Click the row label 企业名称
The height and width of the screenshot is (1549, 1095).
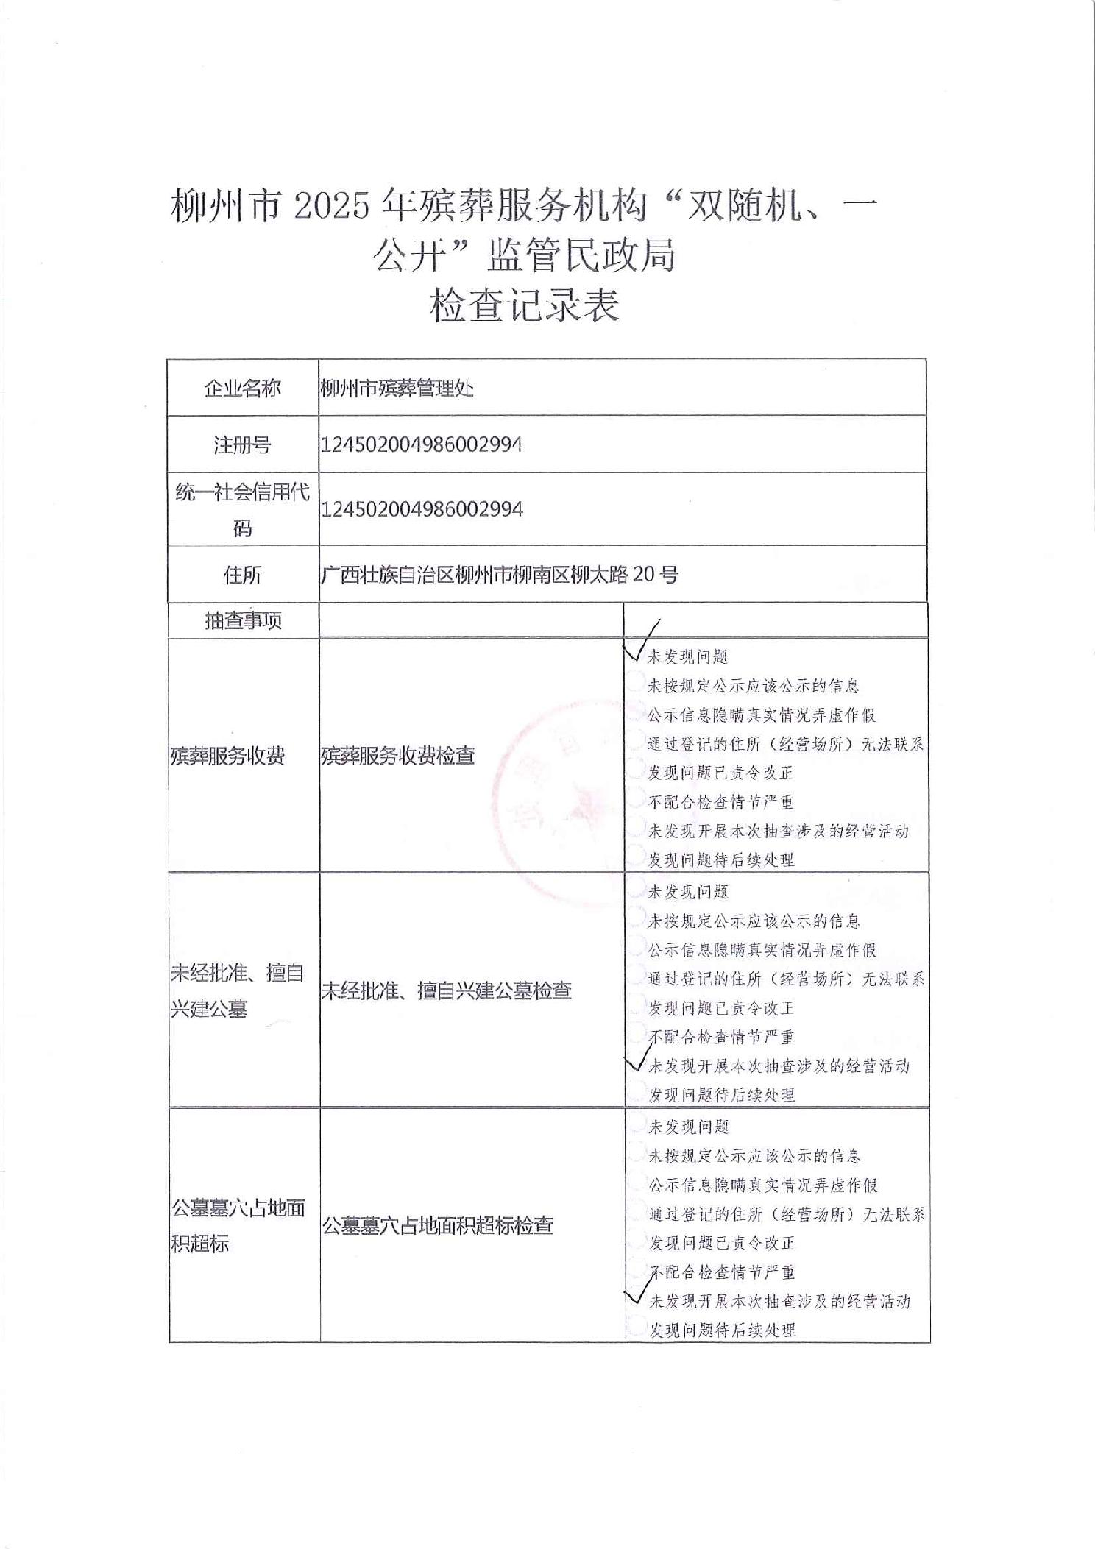(x=242, y=389)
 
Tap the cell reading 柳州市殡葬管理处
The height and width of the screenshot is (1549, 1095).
(x=397, y=389)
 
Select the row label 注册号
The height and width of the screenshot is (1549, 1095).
(x=242, y=445)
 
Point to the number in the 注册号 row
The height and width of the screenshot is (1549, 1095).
(x=422, y=444)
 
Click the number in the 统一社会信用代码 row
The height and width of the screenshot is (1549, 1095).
(x=422, y=509)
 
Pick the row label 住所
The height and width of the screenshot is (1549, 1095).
(x=242, y=575)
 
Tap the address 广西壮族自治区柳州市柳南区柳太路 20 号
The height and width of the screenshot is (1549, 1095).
(x=499, y=575)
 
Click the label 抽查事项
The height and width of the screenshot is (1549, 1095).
(x=243, y=621)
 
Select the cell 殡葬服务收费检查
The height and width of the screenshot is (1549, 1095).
(x=397, y=756)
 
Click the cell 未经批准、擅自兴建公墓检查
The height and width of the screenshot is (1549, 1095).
(x=446, y=991)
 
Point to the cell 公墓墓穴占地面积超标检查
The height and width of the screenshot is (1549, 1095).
(x=437, y=1226)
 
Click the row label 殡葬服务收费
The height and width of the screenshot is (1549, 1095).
(x=227, y=756)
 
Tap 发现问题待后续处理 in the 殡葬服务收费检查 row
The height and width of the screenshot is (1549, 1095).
(x=720, y=859)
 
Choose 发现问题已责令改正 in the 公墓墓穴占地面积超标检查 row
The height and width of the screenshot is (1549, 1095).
(x=721, y=1243)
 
